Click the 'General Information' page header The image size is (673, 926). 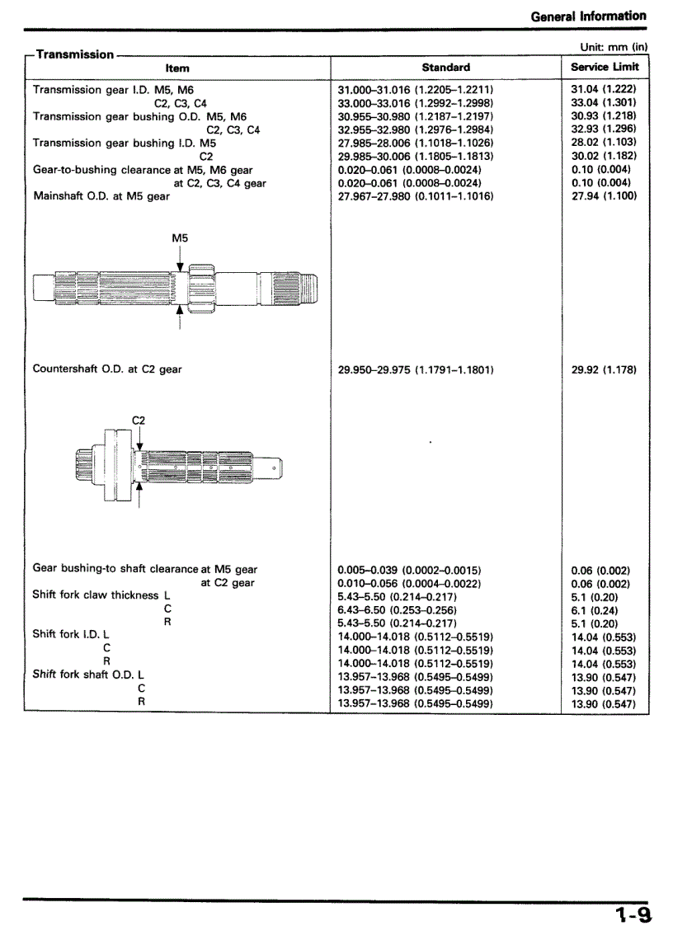[x=588, y=16]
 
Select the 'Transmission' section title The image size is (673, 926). [x=75, y=54]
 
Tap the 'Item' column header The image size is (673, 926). [x=177, y=68]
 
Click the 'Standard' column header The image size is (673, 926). [x=445, y=68]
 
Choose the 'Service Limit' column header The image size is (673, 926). [x=605, y=68]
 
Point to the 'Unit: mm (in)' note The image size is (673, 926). [x=614, y=48]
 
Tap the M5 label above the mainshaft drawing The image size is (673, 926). [x=180, y=237]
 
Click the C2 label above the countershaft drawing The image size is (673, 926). [x=139, y=421]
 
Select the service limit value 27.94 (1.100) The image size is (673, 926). [x=604, y=196]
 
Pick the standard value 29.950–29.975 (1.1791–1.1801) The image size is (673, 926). [x=416, y=370]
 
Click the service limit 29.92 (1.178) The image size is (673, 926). [x=604, y=370]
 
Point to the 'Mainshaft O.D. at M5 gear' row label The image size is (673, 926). [x=101, y=196]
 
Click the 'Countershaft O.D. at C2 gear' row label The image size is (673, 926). [x=107, y=369]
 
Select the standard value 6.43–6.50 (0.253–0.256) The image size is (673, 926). [x=398, y=610]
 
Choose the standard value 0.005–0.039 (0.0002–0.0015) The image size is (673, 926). [x=410, y=571]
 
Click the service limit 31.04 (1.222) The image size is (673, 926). [x=604, y=89]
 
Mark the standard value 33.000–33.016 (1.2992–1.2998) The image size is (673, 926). [x=416, y=103]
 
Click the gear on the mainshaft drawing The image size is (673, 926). [x=201, y=288]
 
